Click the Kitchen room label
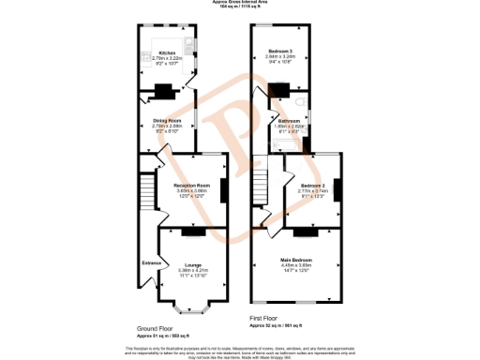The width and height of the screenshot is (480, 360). point(167,53)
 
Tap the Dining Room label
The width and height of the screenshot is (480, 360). point(167,120)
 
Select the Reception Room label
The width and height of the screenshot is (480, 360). point(190,186)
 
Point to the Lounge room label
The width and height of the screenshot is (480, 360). point(192,265)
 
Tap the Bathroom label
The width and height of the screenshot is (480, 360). point(288,121)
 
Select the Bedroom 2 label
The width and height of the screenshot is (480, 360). point(314,186)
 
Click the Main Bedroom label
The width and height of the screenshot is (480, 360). point(295,259)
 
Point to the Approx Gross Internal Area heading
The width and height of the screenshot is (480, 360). point(240,3)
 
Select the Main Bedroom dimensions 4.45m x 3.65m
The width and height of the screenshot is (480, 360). point(295,264)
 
